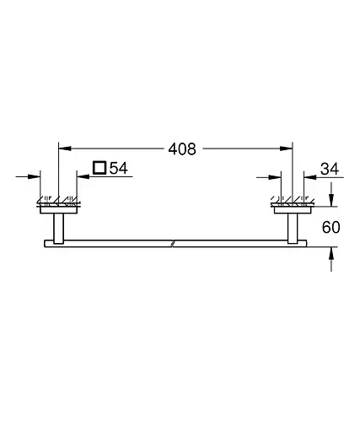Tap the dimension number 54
(118, 169)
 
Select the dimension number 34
(329, 169)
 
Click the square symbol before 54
(99, 169)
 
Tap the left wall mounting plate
(57, 203)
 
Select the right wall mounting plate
(293, 203)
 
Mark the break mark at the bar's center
(173, 243)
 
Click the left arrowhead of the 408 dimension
(62, 149)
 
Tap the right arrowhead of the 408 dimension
(288, 149)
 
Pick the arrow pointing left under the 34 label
(308, 176)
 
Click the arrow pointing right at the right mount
(278, 176)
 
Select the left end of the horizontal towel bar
(44, 243)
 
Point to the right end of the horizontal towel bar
(306, 243)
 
